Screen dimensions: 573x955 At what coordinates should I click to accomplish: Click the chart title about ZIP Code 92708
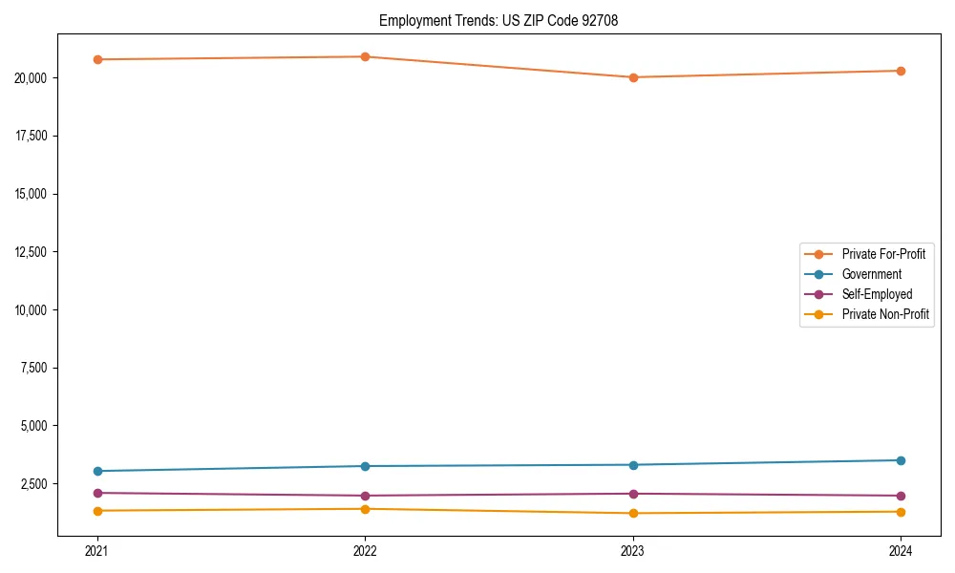point(499,21)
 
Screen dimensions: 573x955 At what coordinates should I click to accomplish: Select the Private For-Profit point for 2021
point(96,59)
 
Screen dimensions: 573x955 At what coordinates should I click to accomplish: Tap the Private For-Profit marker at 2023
point(633,77)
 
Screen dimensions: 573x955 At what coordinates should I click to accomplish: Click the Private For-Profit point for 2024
point(901,71)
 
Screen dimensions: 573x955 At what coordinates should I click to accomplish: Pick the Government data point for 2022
point(365,466)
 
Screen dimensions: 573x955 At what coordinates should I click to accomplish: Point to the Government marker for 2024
point(901,460)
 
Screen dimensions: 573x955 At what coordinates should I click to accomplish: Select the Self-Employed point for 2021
point(96,493)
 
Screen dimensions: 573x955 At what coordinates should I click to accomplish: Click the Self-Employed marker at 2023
point(633,494)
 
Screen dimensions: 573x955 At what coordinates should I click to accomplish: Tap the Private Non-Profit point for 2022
point(365,509)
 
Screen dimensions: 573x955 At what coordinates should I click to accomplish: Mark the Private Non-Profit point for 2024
point(901,512)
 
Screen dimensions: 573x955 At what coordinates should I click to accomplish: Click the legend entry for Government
point(871,274)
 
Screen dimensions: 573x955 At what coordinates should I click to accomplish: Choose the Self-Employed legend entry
point(877,294)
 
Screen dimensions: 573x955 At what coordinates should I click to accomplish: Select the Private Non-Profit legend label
point(885,314)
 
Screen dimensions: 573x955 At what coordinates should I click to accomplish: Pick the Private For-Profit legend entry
point(882,254)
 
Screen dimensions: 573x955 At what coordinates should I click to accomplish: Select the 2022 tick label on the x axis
point(365,550)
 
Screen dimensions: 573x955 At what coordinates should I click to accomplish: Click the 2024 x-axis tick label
point(901,550)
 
